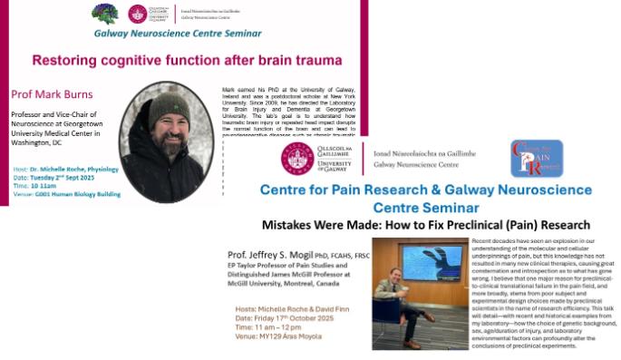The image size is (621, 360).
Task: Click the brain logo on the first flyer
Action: point(105,13)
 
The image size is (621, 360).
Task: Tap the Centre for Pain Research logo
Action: point(536,159)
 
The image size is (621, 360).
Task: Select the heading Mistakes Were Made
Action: point(330,224)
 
